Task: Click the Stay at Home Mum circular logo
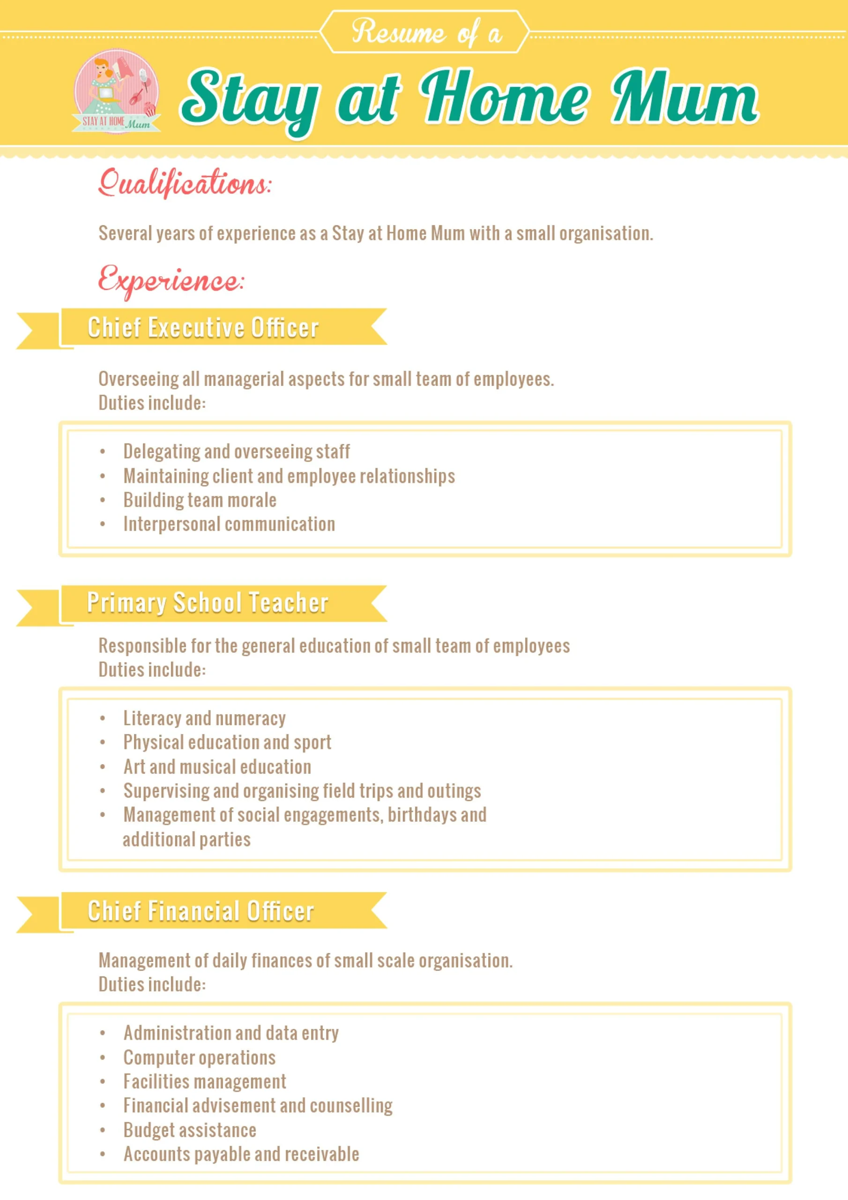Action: pyautogui.click(x=116, y=91)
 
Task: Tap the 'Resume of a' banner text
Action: pyautogui.click(x=426, y=32)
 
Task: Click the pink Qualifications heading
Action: pyautogui.click(x=185, y=183)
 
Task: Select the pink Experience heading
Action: pyautogui.click(x=171, y=281)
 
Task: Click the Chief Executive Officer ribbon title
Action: pyautogui.click(x=203, y=328)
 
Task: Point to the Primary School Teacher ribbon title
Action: pyautogui.click(x=208, y=603)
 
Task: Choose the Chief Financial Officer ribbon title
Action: pyautogui.click(x=201, y=911)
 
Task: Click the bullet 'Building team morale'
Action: pyautogui.click(x=200, y=500)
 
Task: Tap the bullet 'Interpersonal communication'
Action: pyautogui.click(x=229, y=524)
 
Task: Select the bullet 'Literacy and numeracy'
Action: pyautogui.click(x=204, y=719)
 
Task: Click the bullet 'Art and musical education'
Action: pyautogui.click(x=217, y=767)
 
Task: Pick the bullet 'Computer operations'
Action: pyautogui.click(x=199, y=1057)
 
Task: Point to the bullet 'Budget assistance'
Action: pyautogui.click(x=190, y=1130)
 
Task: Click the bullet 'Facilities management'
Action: pyautogui.click(x=204, y=1081)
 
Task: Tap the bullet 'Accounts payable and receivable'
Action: pyautogui.click(x=241, y=1154)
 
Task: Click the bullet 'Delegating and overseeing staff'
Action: pyautogui.click(x=236, y=451)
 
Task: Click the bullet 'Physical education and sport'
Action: pyautogui.click(x=227, y=742)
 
